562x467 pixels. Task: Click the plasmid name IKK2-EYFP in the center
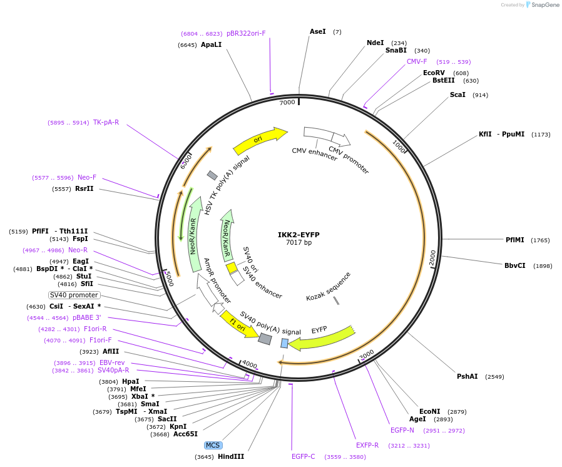click(x=299, y=235)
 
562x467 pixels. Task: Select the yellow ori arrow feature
click(x=259, y=140)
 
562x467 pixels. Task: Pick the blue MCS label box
click(x=213, y=445)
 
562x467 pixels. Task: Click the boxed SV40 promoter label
click(x=74, y=295)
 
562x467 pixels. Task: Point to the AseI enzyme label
click(x=318, y=31)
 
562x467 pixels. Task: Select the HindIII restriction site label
click(x=231, y=457)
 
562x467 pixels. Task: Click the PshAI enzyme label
click(x=467, y=376)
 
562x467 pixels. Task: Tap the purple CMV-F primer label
click(x=417, y=61)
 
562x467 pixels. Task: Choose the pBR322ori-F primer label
click(x=246, y=33)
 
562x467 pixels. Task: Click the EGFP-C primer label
click(x=304, y=457)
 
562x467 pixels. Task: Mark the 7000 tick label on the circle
click(x=287, y=102)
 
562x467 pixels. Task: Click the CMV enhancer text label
click(x=315, y=154)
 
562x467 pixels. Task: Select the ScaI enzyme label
click(x=457, y=95)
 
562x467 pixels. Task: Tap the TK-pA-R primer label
click(x=106, y=122)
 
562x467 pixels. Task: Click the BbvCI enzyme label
click(x=515, y=265)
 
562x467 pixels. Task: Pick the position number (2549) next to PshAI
click(x=494, y=377)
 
